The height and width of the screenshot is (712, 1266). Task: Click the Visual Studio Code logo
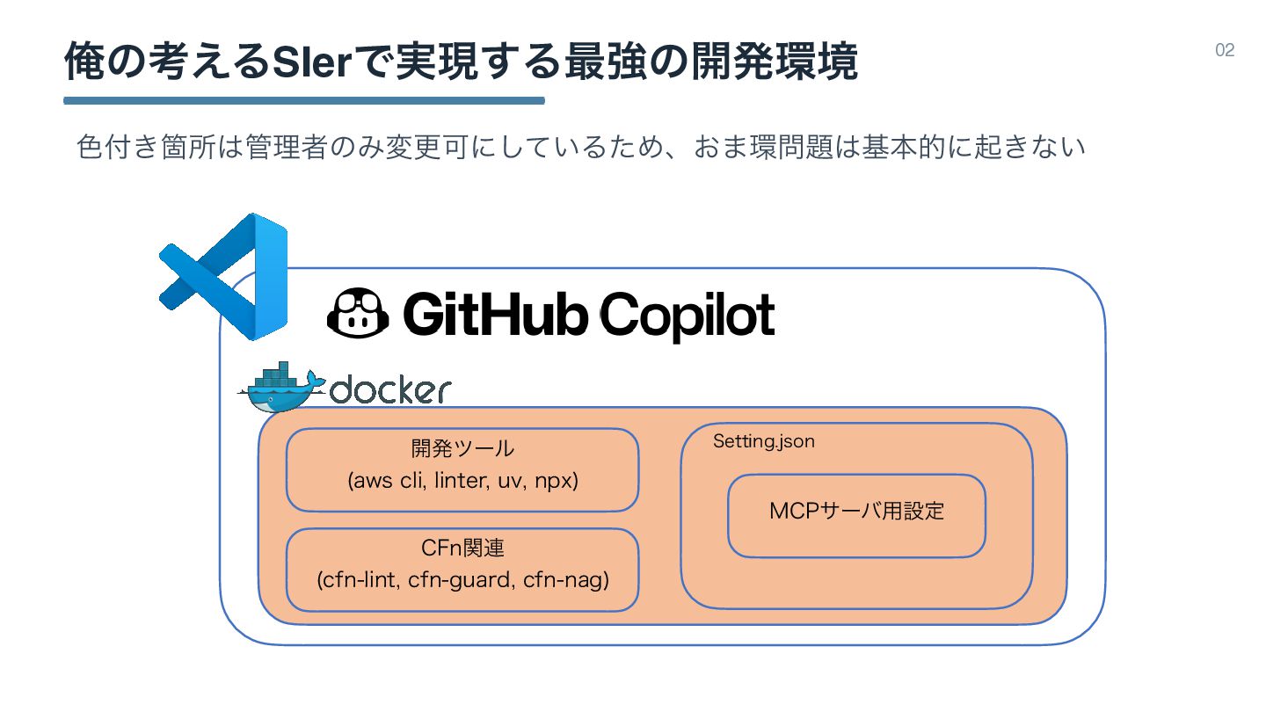224,276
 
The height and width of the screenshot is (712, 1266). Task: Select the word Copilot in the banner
687,315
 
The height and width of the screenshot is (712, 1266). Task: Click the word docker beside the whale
390,389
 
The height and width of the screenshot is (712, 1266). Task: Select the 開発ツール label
462,449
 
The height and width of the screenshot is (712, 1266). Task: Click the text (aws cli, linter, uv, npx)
462,482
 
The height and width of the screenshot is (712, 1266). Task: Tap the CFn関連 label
462,549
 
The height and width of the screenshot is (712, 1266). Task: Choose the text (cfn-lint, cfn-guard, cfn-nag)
462,580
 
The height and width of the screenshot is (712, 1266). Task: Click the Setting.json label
763,441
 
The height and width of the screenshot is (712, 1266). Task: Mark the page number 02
1225,50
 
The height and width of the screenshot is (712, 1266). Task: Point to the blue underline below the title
304,101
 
